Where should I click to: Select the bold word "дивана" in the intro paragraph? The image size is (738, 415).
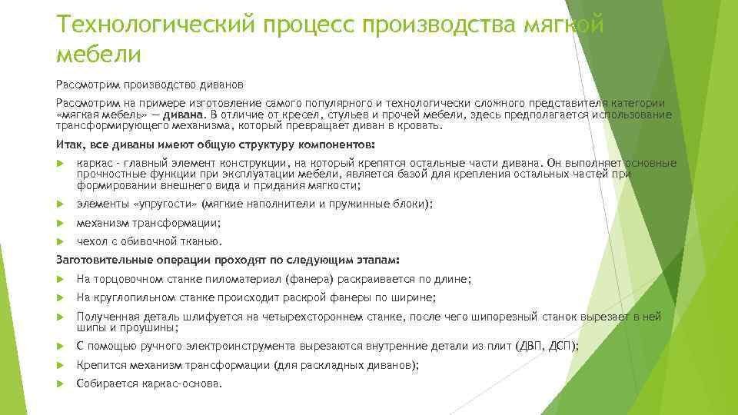[x=173, y=115]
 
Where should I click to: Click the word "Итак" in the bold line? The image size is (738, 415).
[x=70, y=144]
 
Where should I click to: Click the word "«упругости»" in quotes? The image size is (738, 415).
[x=167, y=204]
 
